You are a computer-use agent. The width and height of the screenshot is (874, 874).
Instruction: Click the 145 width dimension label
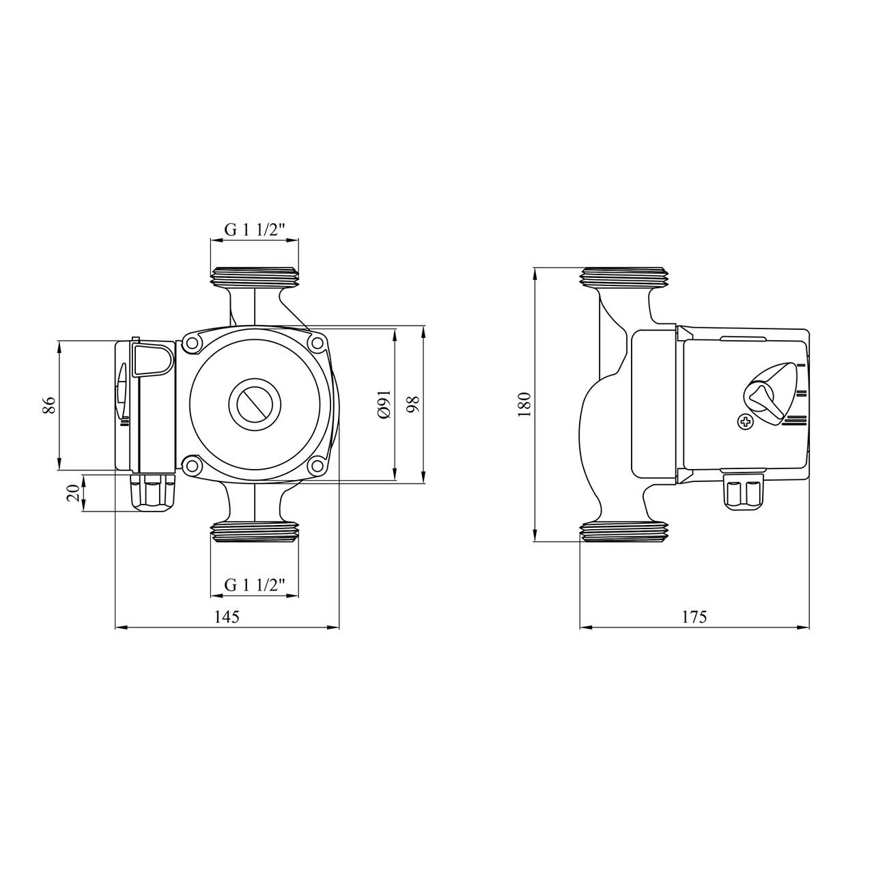tap(227, 617)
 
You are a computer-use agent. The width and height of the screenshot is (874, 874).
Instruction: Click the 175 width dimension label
tap(694, 617)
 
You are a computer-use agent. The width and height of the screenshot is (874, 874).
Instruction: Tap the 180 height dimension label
tap(524, 405)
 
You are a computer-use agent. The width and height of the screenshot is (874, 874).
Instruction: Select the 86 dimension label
tap(49, 405)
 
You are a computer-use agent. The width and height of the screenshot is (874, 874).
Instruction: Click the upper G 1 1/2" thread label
tap(255, 230)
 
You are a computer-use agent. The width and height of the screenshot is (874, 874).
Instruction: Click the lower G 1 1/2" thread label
tap(255, 585)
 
